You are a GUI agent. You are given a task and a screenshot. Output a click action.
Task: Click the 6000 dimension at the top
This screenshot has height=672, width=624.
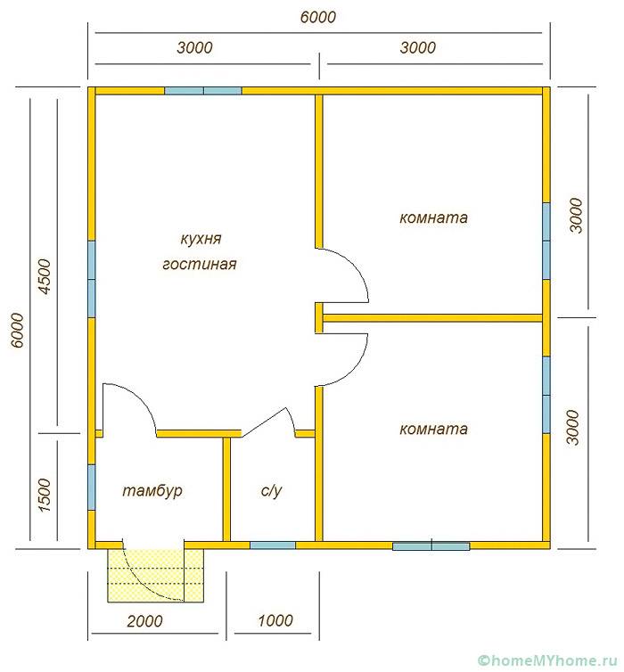(x=318, y=18)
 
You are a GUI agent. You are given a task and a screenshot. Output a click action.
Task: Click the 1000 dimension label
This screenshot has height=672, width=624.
(x=275, y=620)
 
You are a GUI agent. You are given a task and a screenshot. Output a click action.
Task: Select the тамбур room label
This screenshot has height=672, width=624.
(x=152, y=491)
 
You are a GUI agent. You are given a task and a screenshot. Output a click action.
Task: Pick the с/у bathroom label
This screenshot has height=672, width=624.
(x=272, y=491)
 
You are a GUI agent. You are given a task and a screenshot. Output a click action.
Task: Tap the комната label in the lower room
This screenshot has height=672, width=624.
(x=433, y=429)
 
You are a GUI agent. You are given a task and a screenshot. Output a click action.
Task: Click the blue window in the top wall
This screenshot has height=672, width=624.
(x=203, y=91)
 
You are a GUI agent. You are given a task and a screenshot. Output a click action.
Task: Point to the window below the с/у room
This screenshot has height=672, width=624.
(x=272, y=545)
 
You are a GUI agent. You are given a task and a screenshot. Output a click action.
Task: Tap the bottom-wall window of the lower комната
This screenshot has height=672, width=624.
(x=431, y=545)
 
